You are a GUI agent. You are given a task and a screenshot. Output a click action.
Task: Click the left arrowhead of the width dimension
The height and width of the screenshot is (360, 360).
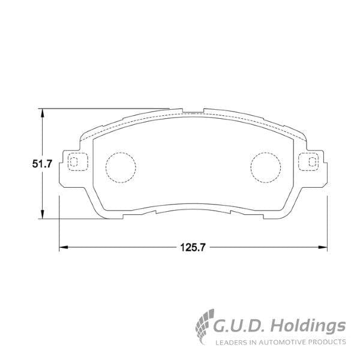coord(62,247)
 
